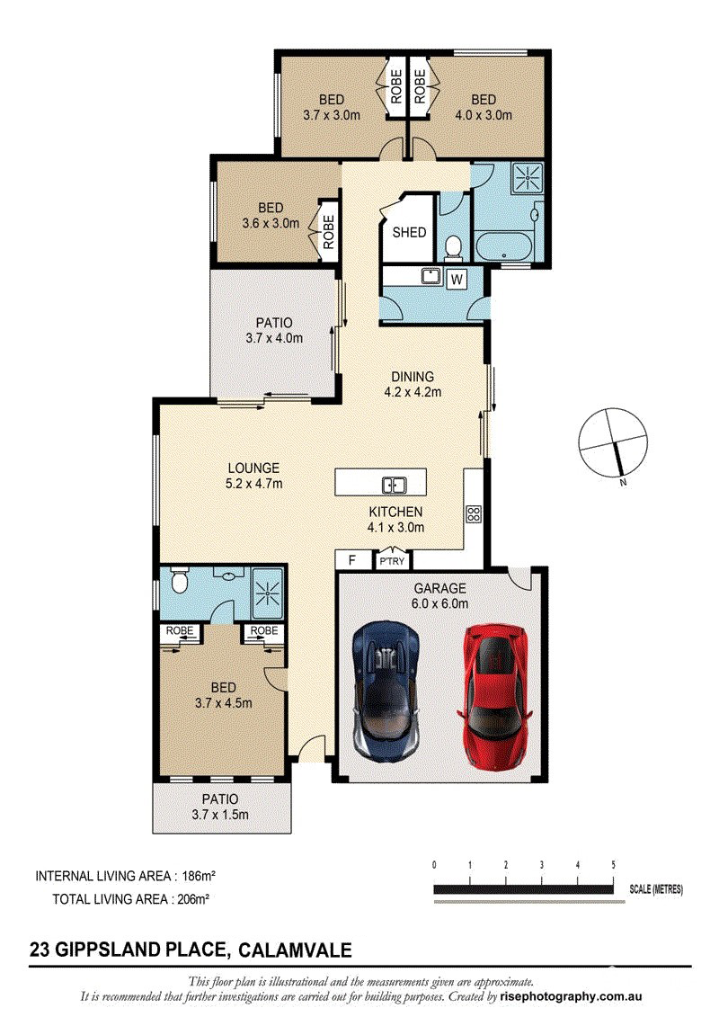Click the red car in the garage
[493, 696]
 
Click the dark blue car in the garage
[385, 691]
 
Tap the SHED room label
[409, 232]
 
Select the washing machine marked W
[457, 280]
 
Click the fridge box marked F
[352, 559]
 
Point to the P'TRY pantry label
[392, 561]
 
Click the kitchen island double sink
[394, 485]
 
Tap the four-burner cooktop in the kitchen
[474, 514]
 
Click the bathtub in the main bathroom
[504, 245]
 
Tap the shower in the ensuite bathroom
[266, 594]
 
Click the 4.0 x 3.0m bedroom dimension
[483, 115]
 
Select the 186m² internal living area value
[199, 876]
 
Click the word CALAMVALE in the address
[295, 950]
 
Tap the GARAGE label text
[440, 588]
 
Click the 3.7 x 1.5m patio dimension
[220, 815]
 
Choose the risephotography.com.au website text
[572, 997]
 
